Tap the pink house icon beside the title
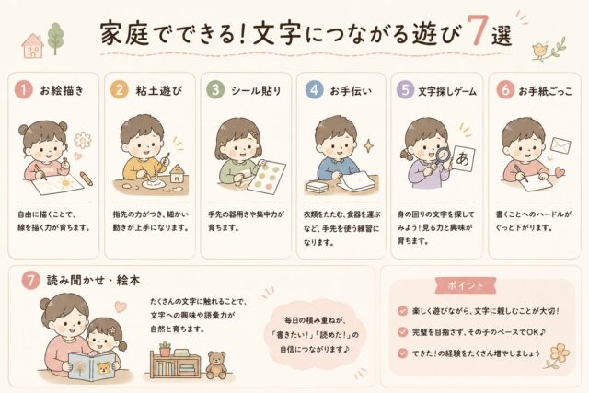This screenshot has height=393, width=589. (x=33, y=46)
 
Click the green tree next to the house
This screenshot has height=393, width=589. (x=55, y=39)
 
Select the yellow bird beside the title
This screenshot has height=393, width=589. (x=541, y=52)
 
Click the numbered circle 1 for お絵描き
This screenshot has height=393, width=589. (x=24, y=90)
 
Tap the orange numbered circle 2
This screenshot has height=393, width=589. (x=120, y=90)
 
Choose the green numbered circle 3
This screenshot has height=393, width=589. (x=215, y=90)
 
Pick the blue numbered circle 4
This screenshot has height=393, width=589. (x=314, y=90)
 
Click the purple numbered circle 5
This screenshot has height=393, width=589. (x=405, y=90)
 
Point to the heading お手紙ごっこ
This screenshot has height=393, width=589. (x=546, y=90)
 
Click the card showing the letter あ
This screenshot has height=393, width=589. (x=463, y=158)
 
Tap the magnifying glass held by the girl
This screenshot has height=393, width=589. (x=442, y=157)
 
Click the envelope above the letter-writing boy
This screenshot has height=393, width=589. (x=560, y=145)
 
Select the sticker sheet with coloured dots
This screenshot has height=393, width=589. (x=267, y=177)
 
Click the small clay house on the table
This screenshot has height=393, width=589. (x=176, y=175)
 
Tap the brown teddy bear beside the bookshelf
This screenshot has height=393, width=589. (x=216, y=364)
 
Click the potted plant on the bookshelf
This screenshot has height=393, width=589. (x=165, y=348)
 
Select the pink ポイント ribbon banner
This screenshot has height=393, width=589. (x=466, y=285)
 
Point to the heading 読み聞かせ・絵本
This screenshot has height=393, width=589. (x=94, y=281)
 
